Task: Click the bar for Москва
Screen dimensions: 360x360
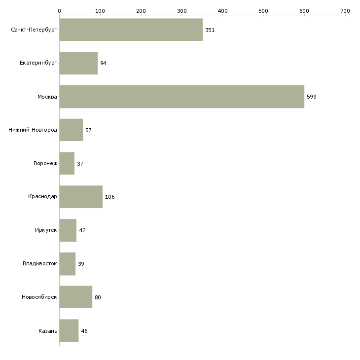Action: coord(181,97)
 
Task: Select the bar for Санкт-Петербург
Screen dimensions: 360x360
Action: coord(131,30)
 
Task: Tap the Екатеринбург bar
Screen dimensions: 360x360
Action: coord(78,63)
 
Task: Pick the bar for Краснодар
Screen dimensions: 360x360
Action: coord(81,197)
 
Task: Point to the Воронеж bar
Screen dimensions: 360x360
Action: coord(67,163)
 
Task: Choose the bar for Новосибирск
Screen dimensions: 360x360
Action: coord(75,297)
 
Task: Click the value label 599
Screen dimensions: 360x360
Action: coord(312,97)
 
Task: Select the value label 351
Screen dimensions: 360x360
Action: coord(210,30)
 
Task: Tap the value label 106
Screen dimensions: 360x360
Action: coord(110,197)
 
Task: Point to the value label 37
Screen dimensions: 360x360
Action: coord(80,164)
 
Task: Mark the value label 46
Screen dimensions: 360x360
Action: coord(84,331)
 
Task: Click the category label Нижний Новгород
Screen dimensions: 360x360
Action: coord(33,130)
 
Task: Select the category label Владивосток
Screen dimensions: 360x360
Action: coord(39,264)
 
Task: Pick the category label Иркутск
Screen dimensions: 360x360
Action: coord(46,230)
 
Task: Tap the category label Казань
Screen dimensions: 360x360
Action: coord(47,331)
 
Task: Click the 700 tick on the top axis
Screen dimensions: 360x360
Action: coord(345,10)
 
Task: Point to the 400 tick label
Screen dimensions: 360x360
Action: coord(222,10)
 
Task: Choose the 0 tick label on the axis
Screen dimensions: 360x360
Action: coord(59,10)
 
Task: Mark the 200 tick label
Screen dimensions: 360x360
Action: coord(141,10)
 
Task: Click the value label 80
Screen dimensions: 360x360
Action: coord(98,297)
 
